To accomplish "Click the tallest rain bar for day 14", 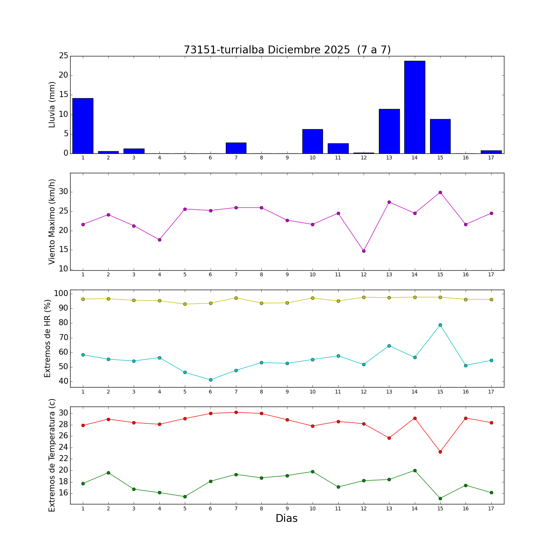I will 414,107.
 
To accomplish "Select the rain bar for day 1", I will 83,126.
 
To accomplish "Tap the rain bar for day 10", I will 312,141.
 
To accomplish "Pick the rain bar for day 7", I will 236,148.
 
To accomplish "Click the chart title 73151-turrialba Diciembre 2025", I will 287,50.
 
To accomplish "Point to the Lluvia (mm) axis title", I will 52,105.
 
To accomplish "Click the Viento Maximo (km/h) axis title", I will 52,221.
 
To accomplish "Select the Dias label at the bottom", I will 286,518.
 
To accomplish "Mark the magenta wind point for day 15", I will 440,192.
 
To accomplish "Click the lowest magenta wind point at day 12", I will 364,251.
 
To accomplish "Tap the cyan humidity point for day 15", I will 440,325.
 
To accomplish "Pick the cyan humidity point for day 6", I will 211,380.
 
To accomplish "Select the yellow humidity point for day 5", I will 185,304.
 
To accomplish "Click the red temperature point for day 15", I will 440,452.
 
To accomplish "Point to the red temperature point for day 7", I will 236,412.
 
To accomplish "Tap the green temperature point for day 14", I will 415,470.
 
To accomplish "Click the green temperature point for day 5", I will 185,497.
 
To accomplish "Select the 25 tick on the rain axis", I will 63,56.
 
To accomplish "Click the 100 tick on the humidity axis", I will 61,293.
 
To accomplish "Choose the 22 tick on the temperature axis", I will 63,459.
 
